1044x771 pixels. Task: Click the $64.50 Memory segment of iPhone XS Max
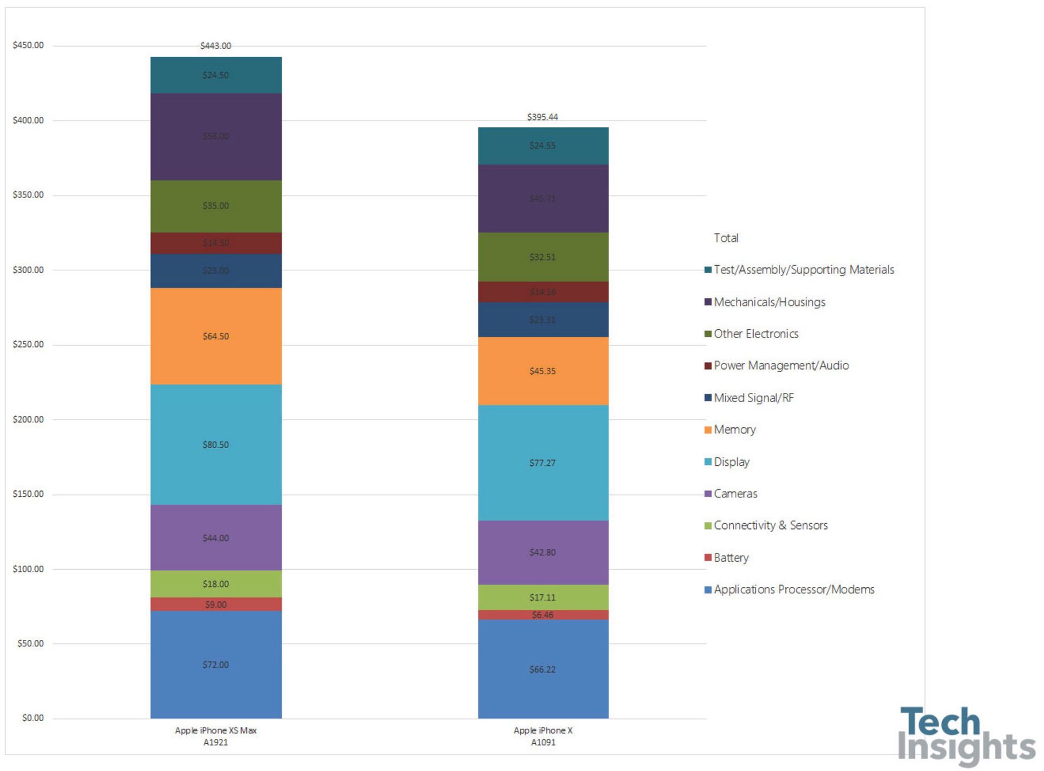tap(216, 336)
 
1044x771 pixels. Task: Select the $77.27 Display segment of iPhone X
tap(543, 463)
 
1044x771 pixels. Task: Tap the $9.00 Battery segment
tap(216, 604)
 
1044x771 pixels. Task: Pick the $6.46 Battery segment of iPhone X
tap(543, 615)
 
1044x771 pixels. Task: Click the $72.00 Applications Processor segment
tap(216, 664)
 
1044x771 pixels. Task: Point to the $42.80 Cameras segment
tap(543, 552)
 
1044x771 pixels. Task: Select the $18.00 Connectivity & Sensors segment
tap(216, 584)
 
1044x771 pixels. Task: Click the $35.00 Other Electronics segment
tap(216, 206)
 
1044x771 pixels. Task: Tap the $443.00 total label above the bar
tap(216, 46)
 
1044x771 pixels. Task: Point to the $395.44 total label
tap(543, 117)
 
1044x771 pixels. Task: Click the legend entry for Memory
tap(734, 429)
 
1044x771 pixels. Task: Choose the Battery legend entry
tap(731, 557)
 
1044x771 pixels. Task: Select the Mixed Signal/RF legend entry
tap(753, 398)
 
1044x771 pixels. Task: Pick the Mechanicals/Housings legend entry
tap(769, 302)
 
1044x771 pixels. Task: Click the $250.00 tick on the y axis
tap(28, 344)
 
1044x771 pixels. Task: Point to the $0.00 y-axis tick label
tap(33, 718)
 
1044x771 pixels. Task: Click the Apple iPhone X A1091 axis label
tap(543, 736)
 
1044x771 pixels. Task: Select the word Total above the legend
tap(726, 238)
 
